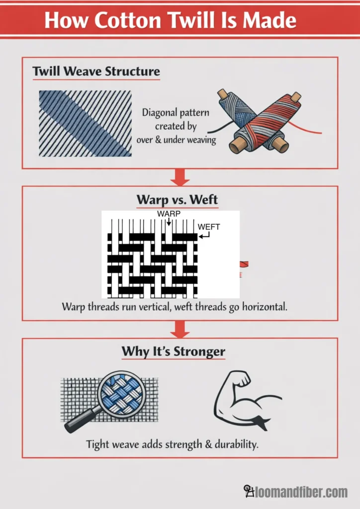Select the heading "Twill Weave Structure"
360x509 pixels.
pyautogui.click(x=96, y=72)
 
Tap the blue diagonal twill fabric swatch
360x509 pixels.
pyautogui.click(x=85, y=123)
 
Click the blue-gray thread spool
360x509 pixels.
pyautogui.click(x=239, y=119)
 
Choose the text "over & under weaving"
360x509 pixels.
pyautogui.click(x=176, y=140)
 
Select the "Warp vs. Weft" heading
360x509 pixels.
pyautogui.click(x=177, y=200)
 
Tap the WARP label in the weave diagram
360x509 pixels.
pyautogui.click(x=169, y=214)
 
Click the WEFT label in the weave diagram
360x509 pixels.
pyautogui.click(x=209, y=227)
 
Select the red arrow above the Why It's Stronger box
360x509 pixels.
pyautogui.click(x=180, y=329)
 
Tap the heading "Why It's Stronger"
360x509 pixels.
pyautogui.click(x=174, y=352)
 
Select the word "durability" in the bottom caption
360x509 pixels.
pyautogui.click(x=236, y=444)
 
